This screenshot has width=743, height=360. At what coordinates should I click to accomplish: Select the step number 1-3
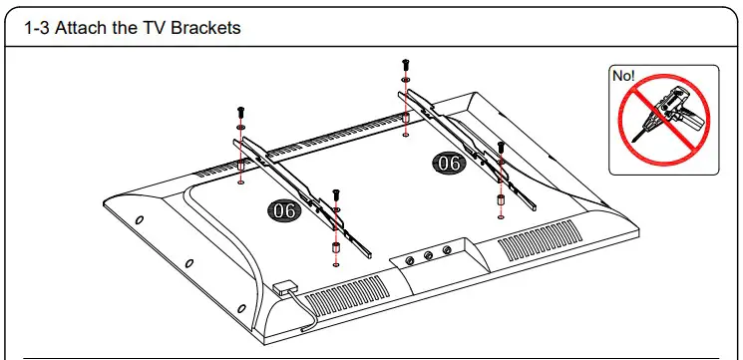37,28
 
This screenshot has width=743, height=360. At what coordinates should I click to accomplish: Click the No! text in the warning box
624,76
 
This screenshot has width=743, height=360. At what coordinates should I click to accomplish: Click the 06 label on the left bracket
283,210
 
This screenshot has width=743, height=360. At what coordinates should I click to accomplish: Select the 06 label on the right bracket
448,163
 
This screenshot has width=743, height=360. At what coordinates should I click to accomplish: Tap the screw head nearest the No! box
500,147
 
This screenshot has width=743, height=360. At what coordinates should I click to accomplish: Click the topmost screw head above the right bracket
404,63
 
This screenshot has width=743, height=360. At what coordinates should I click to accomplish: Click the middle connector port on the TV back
428,256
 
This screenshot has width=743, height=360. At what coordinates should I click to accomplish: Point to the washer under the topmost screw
404,80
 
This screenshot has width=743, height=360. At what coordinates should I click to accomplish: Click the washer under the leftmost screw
241,128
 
